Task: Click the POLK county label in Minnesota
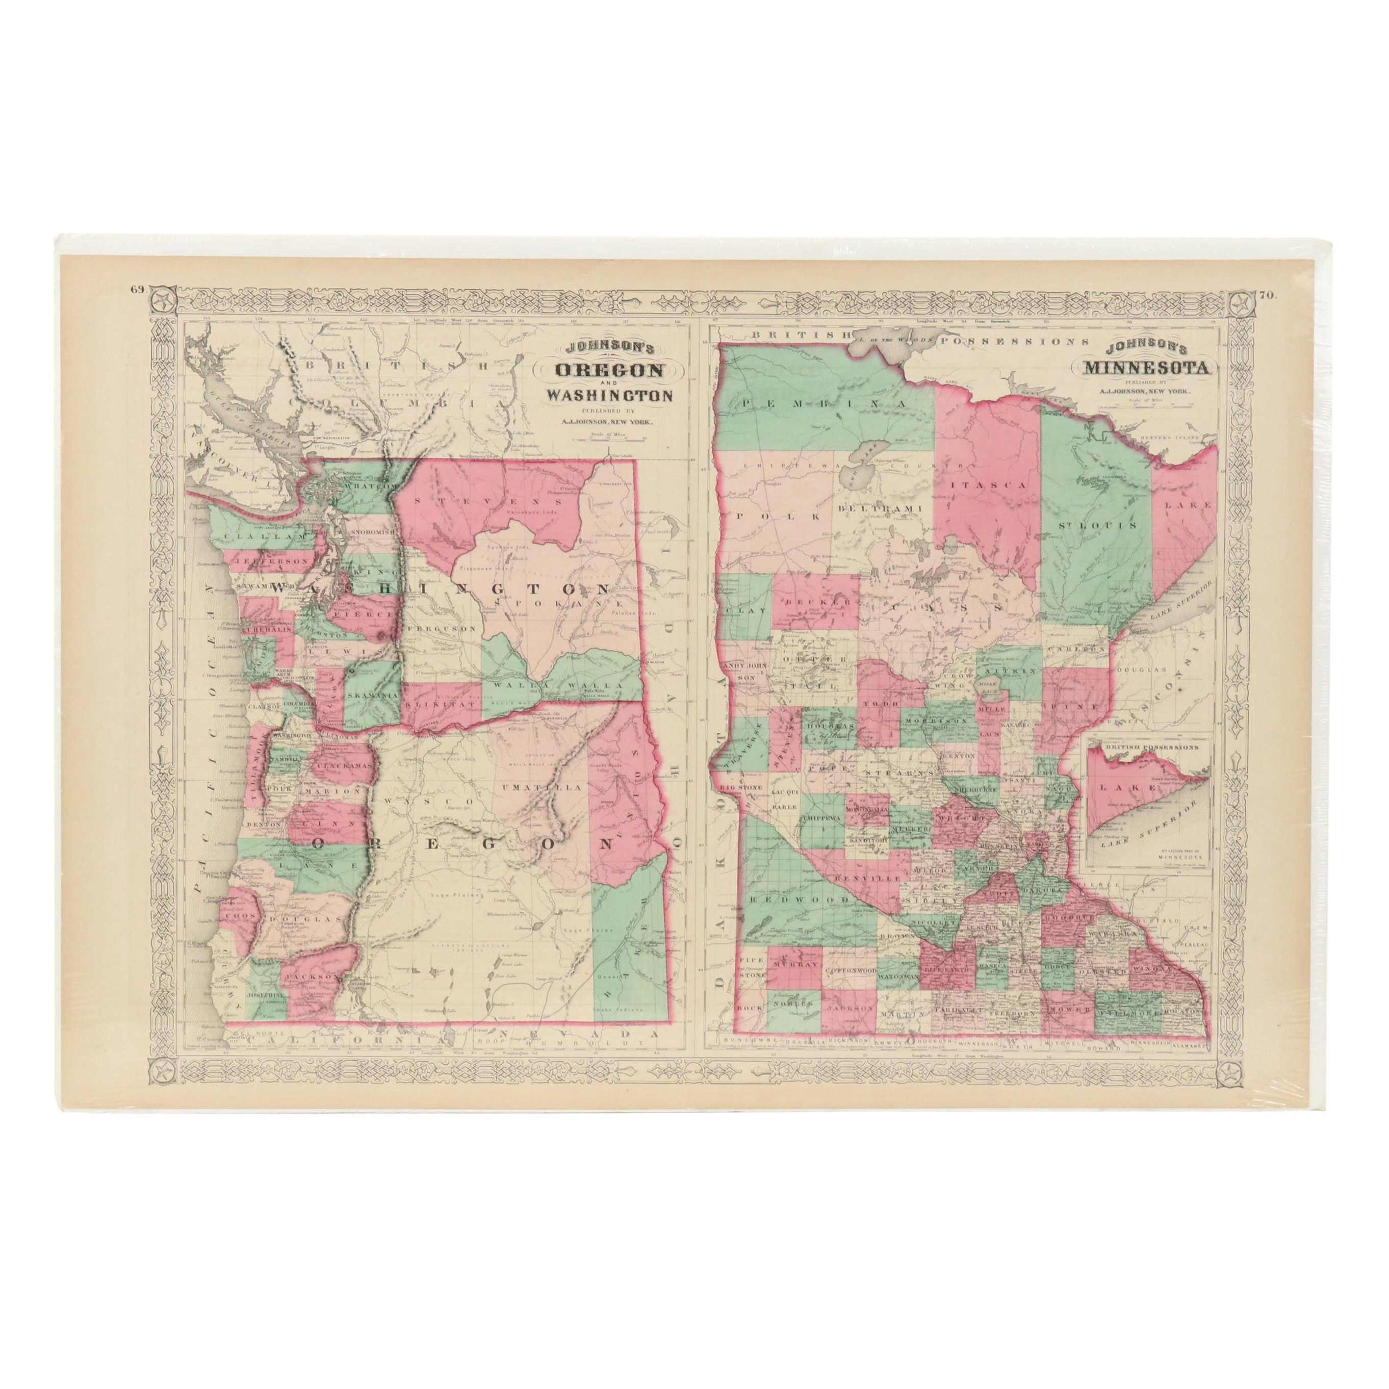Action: (774, 516)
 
